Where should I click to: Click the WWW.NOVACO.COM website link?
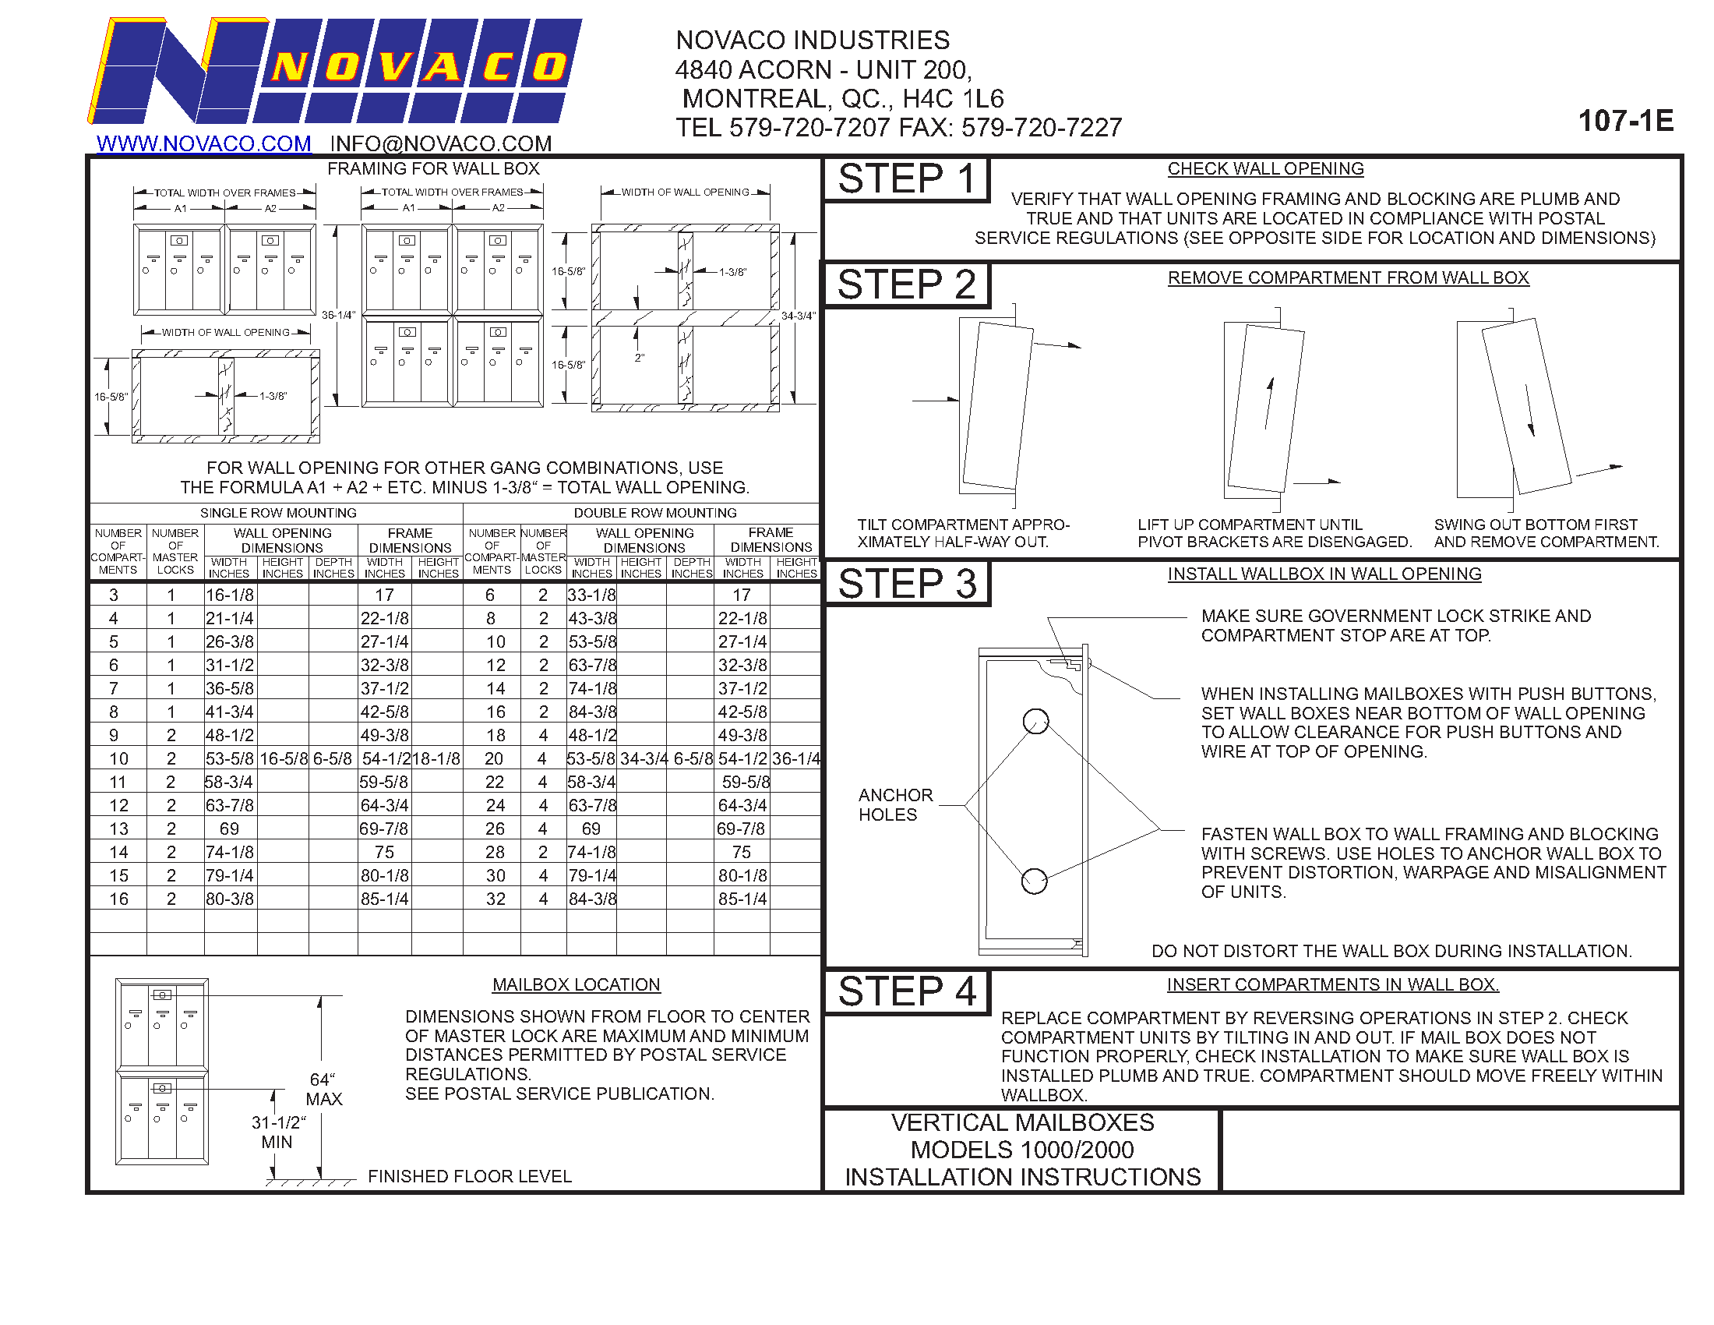(x=203, y=143)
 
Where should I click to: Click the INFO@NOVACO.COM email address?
(x=440, y=143)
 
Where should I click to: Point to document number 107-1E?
(x=1625, y=121)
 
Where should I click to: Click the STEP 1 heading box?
(x=906, y=179)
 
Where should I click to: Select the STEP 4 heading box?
(x=906, y=991)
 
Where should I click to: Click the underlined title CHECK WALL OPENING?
(x=1265, y=169)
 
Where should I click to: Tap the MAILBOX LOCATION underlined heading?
(x=576, y=984)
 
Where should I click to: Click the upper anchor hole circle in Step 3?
(x=1036, y=721)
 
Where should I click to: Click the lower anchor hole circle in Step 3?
(x=1035, y=881)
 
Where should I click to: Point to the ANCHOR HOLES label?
(x=895, y=804)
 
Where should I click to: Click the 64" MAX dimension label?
(x=324, y=1089)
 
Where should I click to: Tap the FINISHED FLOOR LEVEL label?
(x=469, y=1176)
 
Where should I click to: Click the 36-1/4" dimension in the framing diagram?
(x=339, y=315)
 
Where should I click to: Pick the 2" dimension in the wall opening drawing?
(x=640, y=358)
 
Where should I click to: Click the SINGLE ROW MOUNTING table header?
(x=278, y=513)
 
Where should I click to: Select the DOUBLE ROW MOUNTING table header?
(x=654, y=513)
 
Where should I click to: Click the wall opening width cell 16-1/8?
(x=230, y=595)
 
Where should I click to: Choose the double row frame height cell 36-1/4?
(x=795, y=759)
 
